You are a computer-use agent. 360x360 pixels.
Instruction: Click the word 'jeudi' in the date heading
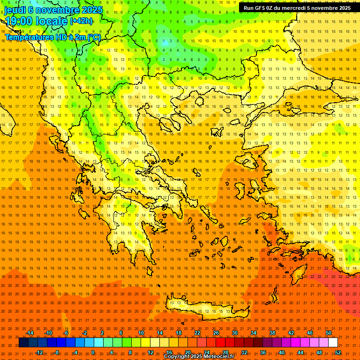(15, 10)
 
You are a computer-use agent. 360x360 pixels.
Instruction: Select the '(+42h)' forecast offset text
(81, 21)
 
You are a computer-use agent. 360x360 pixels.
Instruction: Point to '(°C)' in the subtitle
(94, 37)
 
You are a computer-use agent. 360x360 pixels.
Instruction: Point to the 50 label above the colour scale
(329, 333)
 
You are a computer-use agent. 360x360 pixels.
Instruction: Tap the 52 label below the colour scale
(338, 352)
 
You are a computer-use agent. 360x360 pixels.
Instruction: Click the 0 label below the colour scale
(93, 352)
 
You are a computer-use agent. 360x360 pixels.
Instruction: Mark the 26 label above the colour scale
(216, 333)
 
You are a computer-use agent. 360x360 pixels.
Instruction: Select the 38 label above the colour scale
(272, 333)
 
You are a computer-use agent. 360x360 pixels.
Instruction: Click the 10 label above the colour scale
(141, 333)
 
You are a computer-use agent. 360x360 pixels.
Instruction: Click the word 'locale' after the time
(52, 21)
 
